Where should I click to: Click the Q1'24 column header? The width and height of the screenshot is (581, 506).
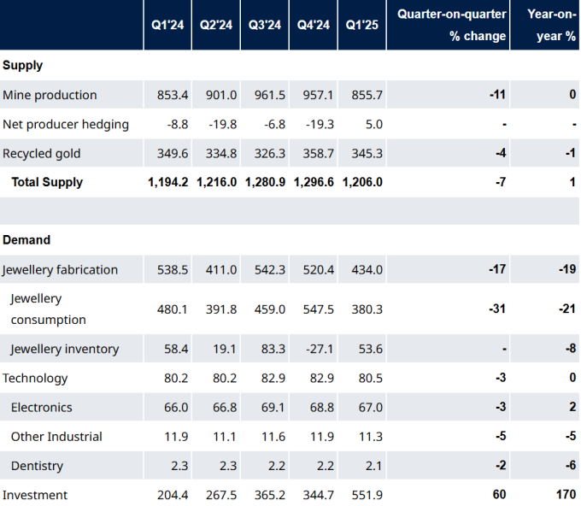[x=167, y=25]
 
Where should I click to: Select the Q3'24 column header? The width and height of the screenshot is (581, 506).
[x=265, y=25]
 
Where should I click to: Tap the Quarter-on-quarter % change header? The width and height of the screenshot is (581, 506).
[x=452, y=25]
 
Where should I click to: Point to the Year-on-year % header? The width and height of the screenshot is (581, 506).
[x=552, y=25]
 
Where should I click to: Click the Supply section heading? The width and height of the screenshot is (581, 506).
[x=22, y=65]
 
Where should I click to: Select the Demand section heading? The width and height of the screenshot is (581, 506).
[x=26, y=240]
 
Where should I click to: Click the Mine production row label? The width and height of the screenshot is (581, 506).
[x=50, y=95]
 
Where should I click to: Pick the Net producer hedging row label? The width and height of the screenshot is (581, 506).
[x=66, y=124]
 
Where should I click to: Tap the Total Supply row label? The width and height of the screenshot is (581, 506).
[x=47, y=182]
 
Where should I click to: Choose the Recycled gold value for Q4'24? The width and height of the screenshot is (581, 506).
[x=319, y=154]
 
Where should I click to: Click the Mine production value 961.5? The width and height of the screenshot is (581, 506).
[x=270, y=95]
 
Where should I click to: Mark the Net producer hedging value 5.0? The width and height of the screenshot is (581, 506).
[x=374, y=124]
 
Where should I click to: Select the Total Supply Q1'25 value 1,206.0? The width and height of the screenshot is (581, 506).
[x=362, y=182]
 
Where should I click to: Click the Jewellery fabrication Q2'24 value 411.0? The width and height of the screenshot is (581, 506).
[x=221, y=269]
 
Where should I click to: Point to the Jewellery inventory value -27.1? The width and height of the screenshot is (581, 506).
[x=320, y=349]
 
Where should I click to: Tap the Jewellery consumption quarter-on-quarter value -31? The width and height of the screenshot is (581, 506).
[x=497, y=309]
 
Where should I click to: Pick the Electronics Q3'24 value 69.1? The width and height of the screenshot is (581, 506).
[x=273, y=408]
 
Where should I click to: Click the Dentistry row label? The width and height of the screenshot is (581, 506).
[x=37, y=466]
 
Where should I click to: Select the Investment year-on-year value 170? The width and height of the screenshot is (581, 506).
[x=566, y=494]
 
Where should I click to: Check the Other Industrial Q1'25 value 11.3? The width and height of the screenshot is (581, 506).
[x=371, y=436]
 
